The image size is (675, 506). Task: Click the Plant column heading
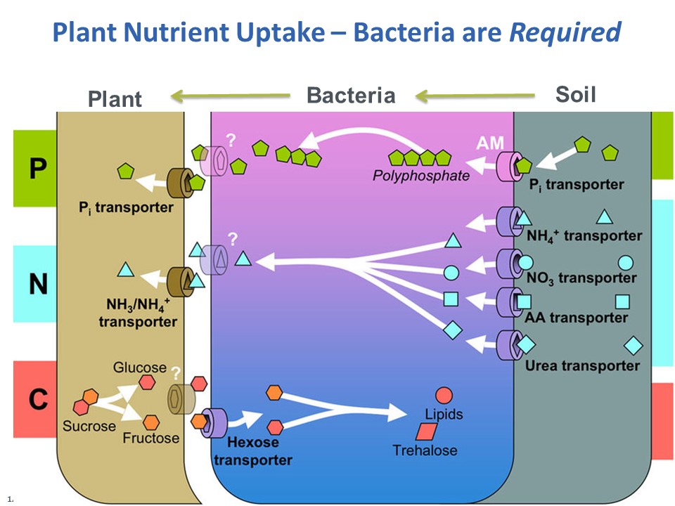[x=115, y=99]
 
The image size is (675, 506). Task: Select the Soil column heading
[x=575, y=94]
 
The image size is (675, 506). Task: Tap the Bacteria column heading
[x=351, y=96]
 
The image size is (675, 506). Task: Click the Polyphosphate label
[x=420, y=176]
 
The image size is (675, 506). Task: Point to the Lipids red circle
[x=444, y=396]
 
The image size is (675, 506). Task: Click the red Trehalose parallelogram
[x=426, y=432]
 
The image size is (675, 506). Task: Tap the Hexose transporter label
[x=252, y=451]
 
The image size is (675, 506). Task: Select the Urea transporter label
[x=582, y=366]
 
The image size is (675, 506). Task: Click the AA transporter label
[x=576, y=318]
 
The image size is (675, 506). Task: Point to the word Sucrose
[x=89, y=426]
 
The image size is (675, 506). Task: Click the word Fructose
[x=150, y=438]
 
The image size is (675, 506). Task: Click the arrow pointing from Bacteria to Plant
[x=232, y=95]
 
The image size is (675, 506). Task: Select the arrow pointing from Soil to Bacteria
[x=474, y=95]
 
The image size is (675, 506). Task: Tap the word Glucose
[x=140, y=368]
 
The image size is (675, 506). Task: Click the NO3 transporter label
[x=581, y=278]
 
